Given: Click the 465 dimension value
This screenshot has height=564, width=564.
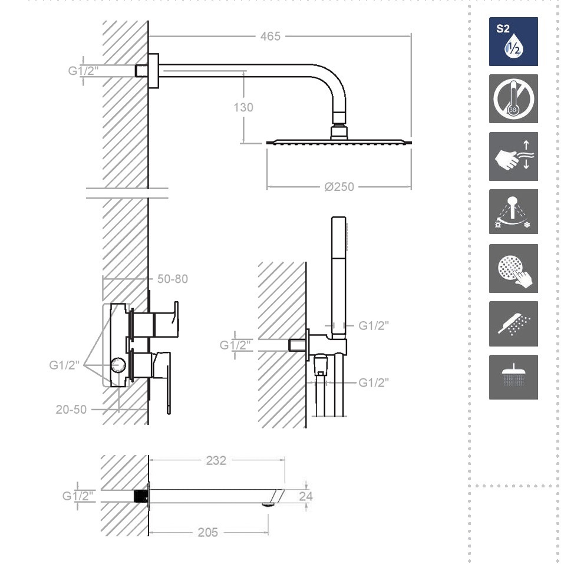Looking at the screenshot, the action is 270,37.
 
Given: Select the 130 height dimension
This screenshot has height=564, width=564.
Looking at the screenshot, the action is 243,107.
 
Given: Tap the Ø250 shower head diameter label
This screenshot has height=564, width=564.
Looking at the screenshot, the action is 339,187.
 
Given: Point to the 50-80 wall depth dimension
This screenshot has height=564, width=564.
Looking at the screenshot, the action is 173,279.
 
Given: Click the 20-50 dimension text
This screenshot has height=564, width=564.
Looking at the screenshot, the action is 71,410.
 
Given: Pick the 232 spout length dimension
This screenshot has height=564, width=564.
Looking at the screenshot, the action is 216,460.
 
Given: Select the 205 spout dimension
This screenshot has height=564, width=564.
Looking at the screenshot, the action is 208,532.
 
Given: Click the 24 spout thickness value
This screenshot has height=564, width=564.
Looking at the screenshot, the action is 306,496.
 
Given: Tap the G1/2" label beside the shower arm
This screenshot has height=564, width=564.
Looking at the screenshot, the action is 83,71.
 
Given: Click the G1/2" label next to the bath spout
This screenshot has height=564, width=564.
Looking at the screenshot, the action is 78,496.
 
